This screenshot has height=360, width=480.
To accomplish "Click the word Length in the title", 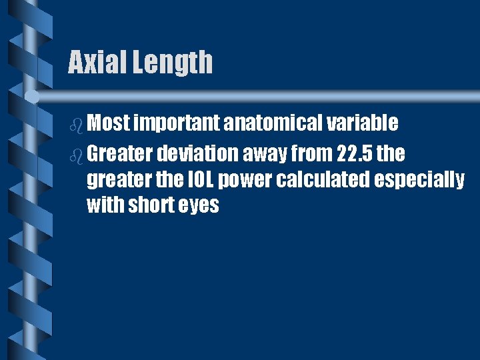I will pyautogui.click(x=173, y=63).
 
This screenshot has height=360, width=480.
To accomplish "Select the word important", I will pyautogui.click(x=177, y=123).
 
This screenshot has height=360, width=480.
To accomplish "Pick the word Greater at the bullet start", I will pyautogui.click(x=119, y=154).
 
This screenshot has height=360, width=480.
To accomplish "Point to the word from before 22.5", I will pyautogui.click(x=313, y=154).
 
